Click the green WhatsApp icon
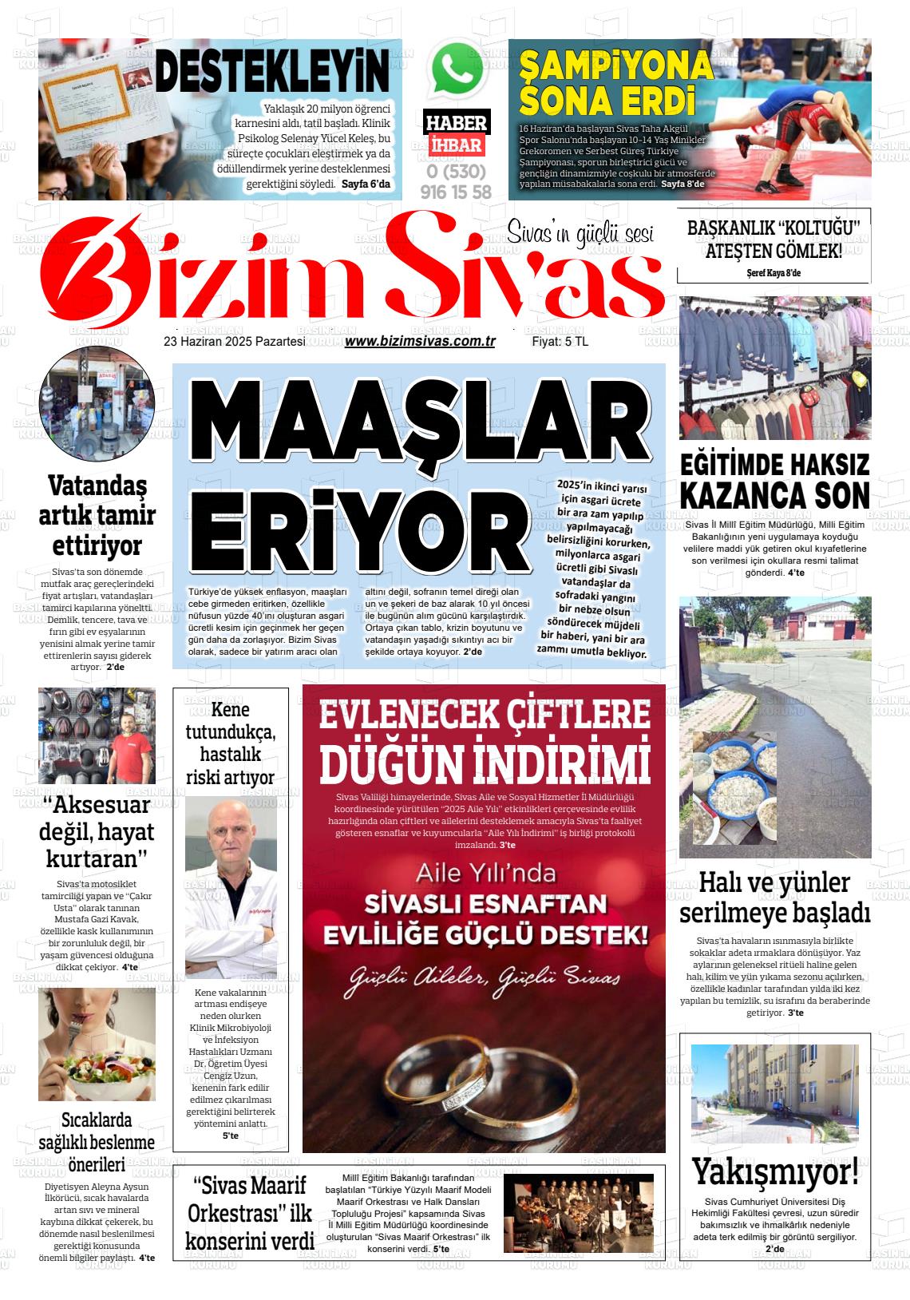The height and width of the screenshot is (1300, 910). (458, 70)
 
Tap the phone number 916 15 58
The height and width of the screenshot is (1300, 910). (456, 192)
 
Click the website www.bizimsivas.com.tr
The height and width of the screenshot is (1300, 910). (420, 341)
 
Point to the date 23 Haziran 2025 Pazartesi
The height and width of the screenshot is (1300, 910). (234, 341)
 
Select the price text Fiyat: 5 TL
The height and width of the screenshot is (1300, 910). (560, 341)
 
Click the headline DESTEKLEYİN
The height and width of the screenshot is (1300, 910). (271, 72)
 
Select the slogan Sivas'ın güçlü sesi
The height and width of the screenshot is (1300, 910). (580, 233)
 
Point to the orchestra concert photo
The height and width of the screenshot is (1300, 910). (578, 1211)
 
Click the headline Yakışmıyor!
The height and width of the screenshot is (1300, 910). (774, 1172)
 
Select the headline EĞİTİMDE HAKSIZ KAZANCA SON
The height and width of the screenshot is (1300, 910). (774, 481)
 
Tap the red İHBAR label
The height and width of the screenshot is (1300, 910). (456, 145)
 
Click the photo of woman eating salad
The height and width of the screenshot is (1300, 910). (97, 1044)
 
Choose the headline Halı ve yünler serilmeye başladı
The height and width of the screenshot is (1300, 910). (773, 897)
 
